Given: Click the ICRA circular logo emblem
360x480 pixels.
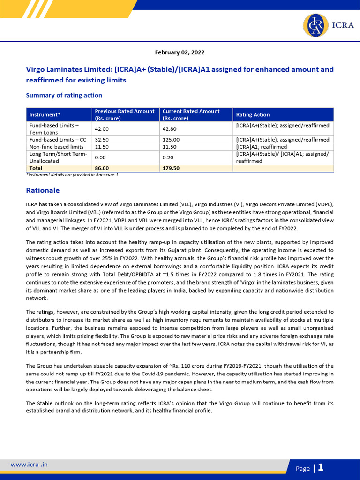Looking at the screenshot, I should pos(315,25).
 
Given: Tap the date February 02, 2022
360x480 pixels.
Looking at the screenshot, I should pos(180,52).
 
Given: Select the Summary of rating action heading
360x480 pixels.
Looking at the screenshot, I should pos(64,95).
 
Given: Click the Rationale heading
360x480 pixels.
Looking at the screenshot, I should pos(43,191).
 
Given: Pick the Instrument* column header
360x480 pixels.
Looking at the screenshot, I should pos(45,115).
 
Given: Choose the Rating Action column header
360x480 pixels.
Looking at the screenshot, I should pos(253,115).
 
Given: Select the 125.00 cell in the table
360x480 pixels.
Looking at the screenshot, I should pos(171,140).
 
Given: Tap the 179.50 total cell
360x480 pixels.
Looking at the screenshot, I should pos(171,168).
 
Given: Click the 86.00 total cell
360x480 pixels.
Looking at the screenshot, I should pos(102,168).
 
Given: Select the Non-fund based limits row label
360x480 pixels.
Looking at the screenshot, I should pos(56,147).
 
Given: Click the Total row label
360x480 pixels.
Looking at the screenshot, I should pos(36,168).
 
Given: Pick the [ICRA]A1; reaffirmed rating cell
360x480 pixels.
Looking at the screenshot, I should pos(262,147).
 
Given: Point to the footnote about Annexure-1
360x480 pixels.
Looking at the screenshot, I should pos(72,174).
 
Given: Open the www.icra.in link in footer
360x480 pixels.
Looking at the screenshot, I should pos(29,465).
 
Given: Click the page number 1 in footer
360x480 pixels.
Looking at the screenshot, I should pos(321,467).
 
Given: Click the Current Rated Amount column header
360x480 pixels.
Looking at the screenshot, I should pos(191,114).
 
